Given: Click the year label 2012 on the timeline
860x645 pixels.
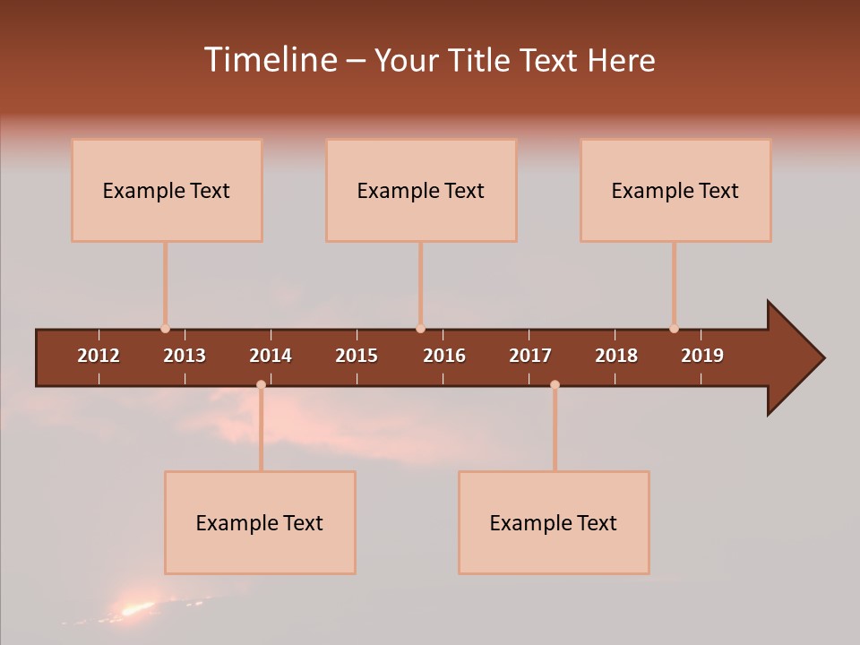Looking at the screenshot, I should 99,356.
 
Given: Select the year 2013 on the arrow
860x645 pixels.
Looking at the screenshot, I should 185,356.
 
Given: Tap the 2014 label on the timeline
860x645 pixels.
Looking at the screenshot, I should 271,356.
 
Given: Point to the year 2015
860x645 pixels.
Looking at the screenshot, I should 357,356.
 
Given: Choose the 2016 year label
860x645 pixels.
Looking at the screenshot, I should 444,356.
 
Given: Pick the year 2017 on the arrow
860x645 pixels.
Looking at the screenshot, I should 530,356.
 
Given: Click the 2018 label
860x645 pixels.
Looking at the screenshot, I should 616,356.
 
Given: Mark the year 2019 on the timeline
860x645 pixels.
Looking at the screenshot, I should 702,356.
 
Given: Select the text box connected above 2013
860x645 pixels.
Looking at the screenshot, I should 167,190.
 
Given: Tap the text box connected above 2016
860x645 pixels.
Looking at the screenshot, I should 421,190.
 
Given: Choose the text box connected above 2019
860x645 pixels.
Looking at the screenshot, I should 675,190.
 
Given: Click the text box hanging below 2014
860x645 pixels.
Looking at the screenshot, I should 260,522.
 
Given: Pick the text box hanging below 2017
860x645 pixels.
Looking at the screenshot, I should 554,522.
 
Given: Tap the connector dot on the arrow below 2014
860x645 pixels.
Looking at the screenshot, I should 261,384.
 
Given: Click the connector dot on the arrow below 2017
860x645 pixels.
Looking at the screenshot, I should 555,384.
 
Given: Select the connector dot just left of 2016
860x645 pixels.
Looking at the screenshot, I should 420,329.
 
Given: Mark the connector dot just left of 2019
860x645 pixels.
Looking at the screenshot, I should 674,329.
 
